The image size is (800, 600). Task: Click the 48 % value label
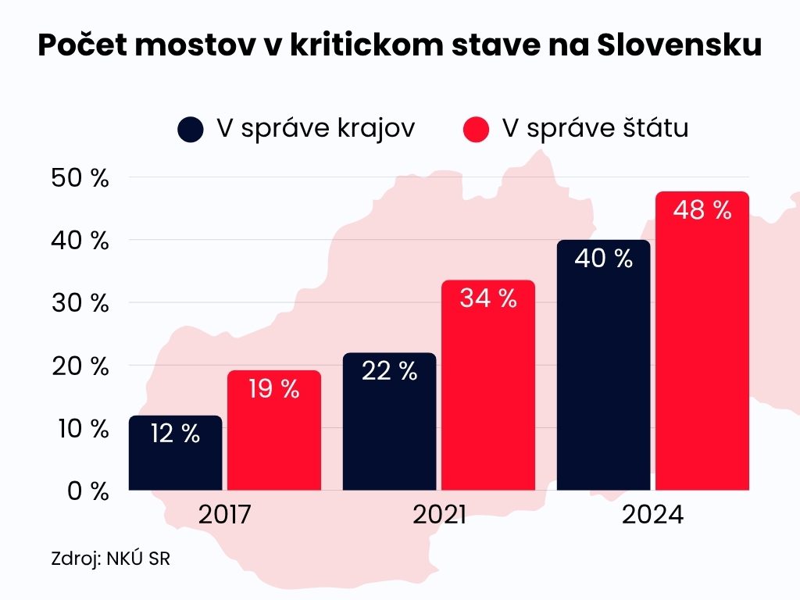pyautogui.click(x=702, y=210)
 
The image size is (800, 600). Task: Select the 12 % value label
pyautogui.click(x=176, y=434)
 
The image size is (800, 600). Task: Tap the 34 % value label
pyautogui.click(x=488, y=298)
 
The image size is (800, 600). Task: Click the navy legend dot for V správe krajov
pyautogui.click(x=191, y=130)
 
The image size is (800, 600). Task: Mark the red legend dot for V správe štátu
pyautogui.click(x=476, y=130)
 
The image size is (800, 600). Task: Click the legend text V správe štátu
pyautogui.click(x=595, y=129)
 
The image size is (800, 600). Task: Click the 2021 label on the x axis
pyautogui.click(x=439, y=516)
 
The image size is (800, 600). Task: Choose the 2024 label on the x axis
pyautogui.click(x=652, y=516)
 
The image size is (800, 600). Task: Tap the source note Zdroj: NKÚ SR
pyautogui.click(x=109, y=559)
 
